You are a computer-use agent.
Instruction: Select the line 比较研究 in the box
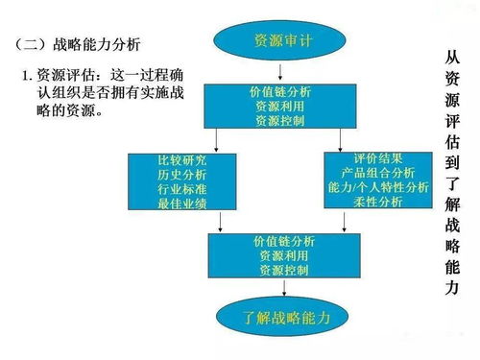182,156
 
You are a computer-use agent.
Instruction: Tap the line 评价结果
376,157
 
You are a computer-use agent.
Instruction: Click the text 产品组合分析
376,172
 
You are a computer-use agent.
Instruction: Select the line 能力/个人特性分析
376,187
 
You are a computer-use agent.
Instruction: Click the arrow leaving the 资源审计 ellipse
279,72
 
